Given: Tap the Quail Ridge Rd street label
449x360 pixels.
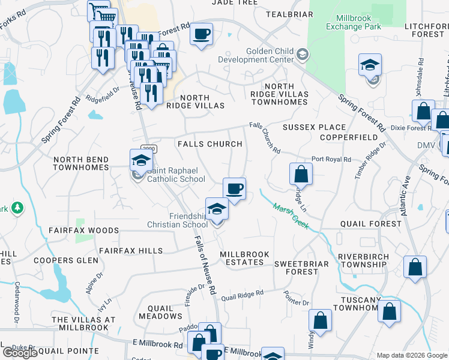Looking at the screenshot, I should tap(242, 295).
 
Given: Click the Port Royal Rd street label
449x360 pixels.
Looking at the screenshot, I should tap(331, 160).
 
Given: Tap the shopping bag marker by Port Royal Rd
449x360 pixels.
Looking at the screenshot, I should tap(301, 174).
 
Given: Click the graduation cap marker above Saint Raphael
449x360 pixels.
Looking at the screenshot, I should tap(142, 160).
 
